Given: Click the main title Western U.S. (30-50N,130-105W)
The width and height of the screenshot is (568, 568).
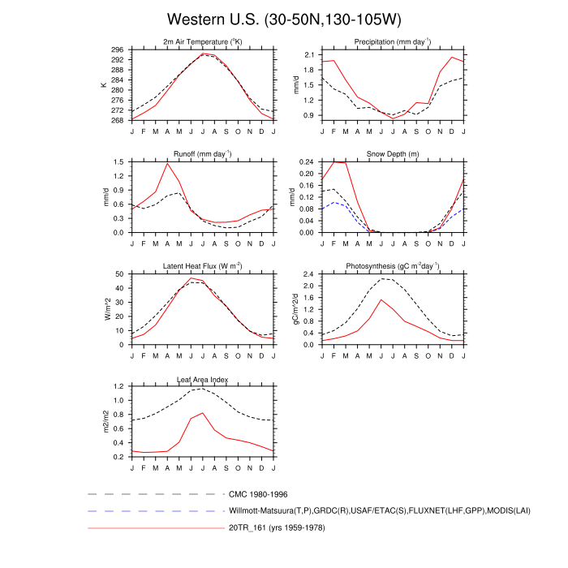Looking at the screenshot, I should point(283,19).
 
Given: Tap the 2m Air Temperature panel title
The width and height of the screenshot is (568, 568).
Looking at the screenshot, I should point(202,41).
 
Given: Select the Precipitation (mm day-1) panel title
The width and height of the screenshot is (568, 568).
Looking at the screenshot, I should point(392,41).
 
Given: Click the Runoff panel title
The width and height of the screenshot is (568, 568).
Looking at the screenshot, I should point(202,153).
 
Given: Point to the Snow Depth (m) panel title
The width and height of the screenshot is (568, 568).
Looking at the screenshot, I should point(392,153).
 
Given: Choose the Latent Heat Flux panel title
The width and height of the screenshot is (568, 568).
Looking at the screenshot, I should point(202,266).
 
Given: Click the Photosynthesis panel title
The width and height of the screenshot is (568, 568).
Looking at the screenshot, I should point(392,266).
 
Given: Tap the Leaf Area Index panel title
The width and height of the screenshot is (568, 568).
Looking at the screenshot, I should point(202,379).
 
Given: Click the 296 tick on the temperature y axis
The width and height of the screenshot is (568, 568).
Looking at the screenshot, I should point(118,49).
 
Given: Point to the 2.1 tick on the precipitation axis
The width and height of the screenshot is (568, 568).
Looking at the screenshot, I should point(309,54).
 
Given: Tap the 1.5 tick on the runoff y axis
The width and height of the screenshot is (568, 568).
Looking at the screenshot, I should point(119,162).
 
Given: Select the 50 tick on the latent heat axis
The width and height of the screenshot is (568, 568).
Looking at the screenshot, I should point(120,274).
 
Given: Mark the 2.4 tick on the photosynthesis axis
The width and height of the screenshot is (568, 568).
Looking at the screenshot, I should point(309,274).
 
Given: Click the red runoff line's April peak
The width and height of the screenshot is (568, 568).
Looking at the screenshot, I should point(167,164).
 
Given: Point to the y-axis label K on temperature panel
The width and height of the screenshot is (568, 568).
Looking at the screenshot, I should point(103,84).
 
